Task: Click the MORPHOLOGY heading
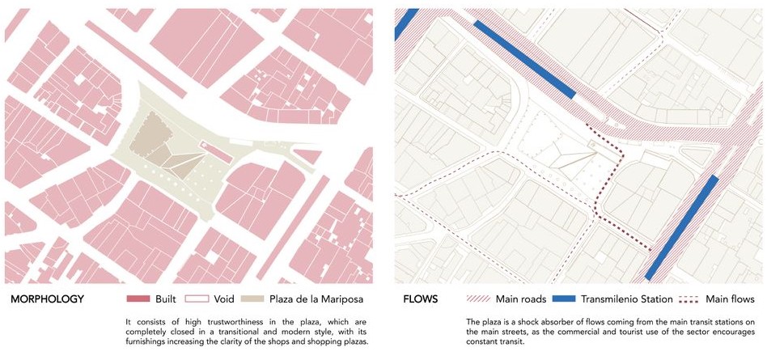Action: (x=47, y=299)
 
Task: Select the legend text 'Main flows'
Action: (x=731, y=299)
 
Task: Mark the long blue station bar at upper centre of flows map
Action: (x=523, y=59)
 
